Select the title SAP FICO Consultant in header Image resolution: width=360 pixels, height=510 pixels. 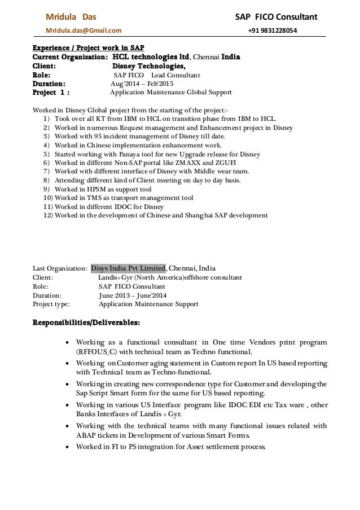point(276,16)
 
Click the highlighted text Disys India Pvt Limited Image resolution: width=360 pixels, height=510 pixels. point(128,268)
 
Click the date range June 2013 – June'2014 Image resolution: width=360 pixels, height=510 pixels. point(133,295)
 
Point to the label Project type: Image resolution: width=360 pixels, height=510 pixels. point(51,304)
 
